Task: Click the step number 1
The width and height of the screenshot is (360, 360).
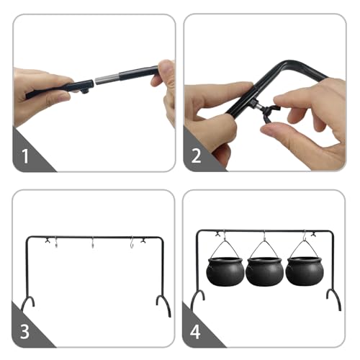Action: [x=25, y=156]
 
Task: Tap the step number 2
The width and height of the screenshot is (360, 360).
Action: [x=196, y=156]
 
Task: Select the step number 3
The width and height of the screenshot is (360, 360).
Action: [x=24, y=332]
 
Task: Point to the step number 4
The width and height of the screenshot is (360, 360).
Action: [x=195, y=332]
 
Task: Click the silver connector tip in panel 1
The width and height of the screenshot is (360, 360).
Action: [x=107, y=78]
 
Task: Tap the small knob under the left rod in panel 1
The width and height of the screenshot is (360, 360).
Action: [x=85, y=91]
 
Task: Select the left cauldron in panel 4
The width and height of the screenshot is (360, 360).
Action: [x=225, y=271]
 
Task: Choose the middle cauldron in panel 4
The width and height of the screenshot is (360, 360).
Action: [x=264, y=271]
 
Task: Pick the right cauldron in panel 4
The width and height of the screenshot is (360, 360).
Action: [x=304, y=271]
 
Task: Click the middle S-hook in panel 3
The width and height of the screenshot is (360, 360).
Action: [x=93, y=243]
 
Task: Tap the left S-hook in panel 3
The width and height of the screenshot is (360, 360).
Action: [x=56, y=243]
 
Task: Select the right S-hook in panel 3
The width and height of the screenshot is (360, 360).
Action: [x=132, y=243]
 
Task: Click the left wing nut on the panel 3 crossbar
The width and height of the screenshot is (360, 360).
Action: [x=48, y=240]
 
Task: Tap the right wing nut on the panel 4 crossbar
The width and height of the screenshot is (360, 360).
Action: [x=313, y=233]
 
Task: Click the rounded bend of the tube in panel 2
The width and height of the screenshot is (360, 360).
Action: [x=290, y=63]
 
